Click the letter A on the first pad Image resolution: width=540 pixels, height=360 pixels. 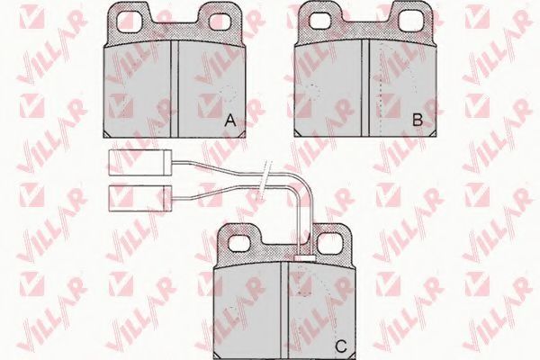[230, 121]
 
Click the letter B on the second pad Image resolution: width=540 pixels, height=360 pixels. [418, 120]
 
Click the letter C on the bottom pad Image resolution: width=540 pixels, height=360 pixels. [341, 346]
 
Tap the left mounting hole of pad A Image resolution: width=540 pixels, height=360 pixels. [130, 21]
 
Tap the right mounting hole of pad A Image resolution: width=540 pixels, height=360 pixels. [221, 21]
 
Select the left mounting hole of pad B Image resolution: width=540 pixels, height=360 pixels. [321, 21]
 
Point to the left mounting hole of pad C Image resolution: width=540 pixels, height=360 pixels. [240, 242]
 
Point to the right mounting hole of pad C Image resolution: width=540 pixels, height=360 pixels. [328, 242]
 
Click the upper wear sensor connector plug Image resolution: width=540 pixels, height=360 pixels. [140, 163]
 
